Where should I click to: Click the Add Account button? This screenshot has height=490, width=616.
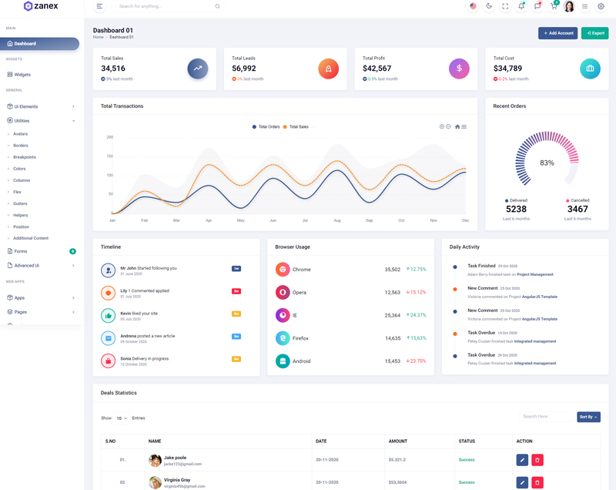click(557, 33)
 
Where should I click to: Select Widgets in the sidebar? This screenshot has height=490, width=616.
click(22, 75)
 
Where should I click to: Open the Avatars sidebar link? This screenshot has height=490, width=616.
click(21, 134)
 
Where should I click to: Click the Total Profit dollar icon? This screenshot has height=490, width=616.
click(459, 69)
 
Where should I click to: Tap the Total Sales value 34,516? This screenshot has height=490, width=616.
click(113, 69)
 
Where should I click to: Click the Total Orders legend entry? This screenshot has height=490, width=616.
click(266, 126)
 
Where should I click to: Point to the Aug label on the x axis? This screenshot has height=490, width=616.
click(337, 220)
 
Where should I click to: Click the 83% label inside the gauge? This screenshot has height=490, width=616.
click(547, 163)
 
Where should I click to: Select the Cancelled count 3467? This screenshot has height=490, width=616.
click(577, 209)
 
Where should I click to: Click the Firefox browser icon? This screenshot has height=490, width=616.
click(283, 338)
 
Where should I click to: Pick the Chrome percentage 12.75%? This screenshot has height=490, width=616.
click(416, 270)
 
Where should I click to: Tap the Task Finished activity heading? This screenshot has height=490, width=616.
click(481, 266)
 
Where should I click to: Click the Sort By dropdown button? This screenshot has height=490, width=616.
click(588, 417)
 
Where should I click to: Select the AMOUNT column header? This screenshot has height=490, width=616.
click(398, 441)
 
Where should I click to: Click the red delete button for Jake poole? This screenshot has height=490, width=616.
click(537, 460)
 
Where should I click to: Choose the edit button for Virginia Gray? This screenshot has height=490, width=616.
click(522, 482)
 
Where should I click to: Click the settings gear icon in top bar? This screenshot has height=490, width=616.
click(601, 7)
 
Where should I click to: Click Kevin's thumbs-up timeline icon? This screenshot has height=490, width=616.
click(109, 316)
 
